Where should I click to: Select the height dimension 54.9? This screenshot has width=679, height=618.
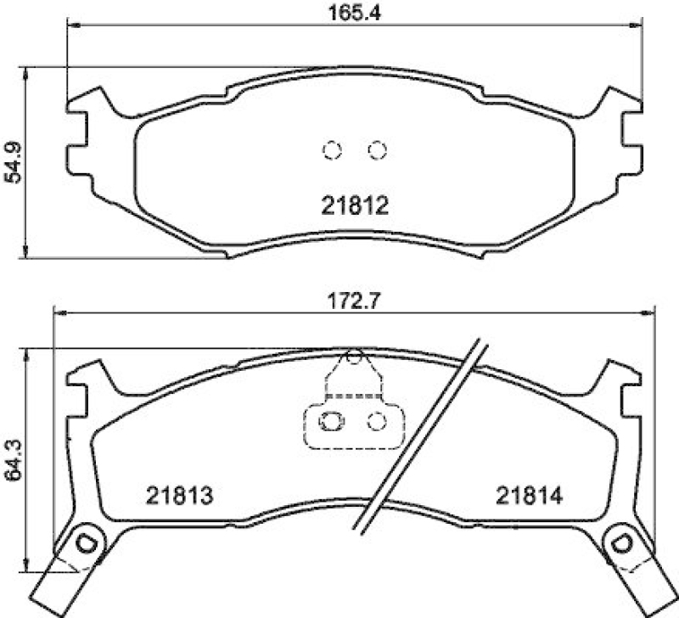12,162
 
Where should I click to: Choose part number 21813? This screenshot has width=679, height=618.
177,495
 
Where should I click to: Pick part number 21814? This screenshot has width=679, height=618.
530,495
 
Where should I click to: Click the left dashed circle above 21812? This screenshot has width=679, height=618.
332,150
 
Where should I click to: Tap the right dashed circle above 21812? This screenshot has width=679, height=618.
377,150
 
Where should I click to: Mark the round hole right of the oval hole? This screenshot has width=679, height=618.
374,419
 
